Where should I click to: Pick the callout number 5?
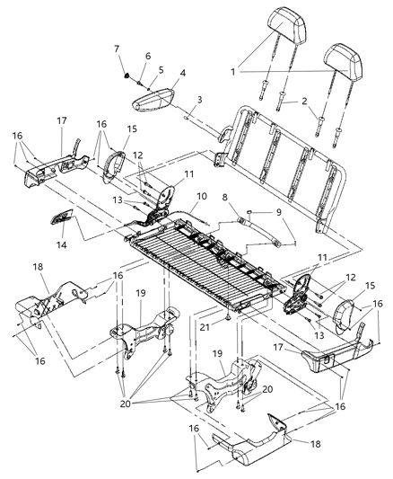point(162,68)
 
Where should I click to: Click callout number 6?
point(148,56)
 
